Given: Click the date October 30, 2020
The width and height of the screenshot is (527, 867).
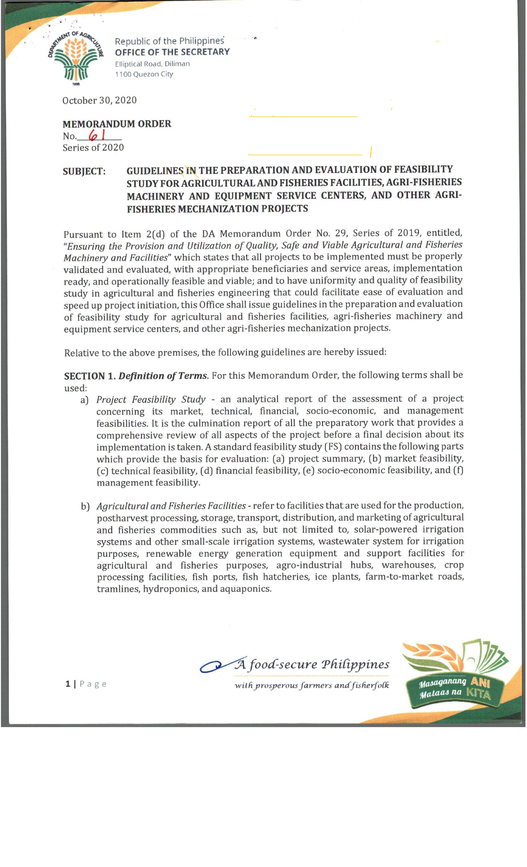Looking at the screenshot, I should [x=99, y=100].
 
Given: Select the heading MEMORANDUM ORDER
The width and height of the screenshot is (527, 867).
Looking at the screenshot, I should [x=117, y=124].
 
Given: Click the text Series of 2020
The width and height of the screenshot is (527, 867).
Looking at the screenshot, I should [x=93, y=148].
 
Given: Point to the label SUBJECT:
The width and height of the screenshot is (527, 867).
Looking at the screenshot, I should [x=84, y=171].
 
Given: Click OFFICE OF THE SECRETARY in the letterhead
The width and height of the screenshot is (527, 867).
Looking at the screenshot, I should [x=172, y=52].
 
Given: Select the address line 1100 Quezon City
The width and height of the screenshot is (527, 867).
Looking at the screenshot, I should [x=144, y=74].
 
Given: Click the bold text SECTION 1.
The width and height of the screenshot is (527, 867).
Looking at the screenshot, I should [x=90, y=376].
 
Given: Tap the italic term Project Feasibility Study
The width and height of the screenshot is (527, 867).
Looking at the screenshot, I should [x=151, y=400].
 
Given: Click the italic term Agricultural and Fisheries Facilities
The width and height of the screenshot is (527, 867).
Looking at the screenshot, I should [x=171, y=506].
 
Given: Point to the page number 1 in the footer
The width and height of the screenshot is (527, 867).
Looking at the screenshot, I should [x=68, y=684].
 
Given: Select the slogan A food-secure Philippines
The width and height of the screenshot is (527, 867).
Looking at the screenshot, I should [x=312, y=664].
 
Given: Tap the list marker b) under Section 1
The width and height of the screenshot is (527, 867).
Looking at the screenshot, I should [x=85, y=507].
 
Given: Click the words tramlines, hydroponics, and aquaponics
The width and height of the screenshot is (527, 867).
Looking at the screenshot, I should [x=184, y=589].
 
